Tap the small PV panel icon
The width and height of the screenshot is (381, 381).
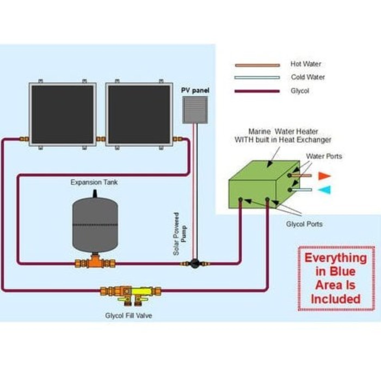click(x=195, y=110)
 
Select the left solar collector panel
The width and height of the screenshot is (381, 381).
click(x=63, y=114)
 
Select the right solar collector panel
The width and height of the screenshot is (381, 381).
click(x=139, y=114)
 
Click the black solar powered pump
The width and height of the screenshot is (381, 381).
click(x=195, y=263)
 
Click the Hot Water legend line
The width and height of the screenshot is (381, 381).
click(x=257, y=65)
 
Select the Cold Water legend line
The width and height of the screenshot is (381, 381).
click(x=257, y=78)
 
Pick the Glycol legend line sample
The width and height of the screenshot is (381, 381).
click(x=257, y=91)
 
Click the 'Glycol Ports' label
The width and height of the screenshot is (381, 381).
click(x=304, y=224)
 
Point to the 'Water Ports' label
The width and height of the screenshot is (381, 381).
click(x=324, y=156)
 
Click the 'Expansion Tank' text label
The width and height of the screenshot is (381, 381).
click(x=94, y=182)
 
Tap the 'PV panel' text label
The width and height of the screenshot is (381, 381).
click(x=195, y=90)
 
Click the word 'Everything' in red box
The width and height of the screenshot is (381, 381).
click(x=336, y=258)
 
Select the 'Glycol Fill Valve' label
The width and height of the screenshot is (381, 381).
click(x=128, y=316)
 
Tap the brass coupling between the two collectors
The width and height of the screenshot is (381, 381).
click(x=101, y=139)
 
